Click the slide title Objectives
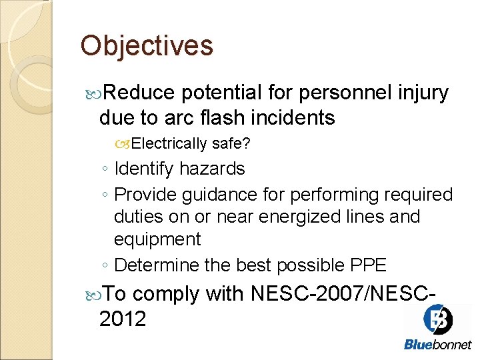pyautogui.click(x=147, y=46)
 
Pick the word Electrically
pyautogui.click(x=170, y=143)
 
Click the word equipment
pyautogui.click(x=157, y=239)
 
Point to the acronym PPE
pyautogui.click(x=368, y=265)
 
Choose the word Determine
pyautogui.click(x=157, y=265)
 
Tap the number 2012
pyautogui.click(x=122, y=319)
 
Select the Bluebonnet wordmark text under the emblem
pyautogui.click(x=437, y=345)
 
